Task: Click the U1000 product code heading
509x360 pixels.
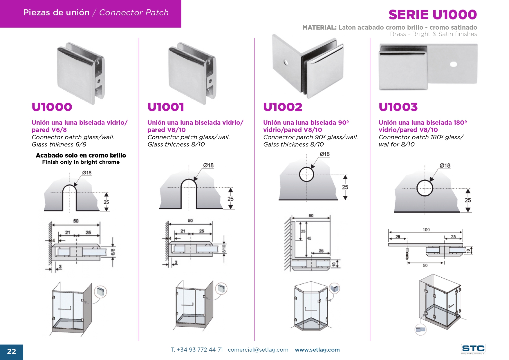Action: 52,107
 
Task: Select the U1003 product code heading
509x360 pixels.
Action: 398,107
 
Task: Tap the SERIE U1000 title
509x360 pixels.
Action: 432,15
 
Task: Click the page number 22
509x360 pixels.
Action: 11,352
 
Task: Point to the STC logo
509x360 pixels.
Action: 473,349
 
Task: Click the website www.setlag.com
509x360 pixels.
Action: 317,350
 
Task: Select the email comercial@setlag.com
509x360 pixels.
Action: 258,350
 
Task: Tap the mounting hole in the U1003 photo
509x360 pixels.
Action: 453,64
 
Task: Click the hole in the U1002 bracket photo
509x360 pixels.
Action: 286,62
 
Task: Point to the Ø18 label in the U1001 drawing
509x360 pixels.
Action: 208,166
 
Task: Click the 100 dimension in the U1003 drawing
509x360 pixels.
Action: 426,230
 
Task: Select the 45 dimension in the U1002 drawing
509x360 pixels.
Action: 309,238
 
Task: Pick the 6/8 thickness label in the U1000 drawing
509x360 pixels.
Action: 113,252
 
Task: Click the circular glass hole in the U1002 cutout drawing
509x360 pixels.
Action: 306,175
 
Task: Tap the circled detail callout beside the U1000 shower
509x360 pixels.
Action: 100,292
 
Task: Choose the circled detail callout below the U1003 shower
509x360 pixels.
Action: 420,330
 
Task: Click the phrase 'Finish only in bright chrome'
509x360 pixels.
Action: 81,162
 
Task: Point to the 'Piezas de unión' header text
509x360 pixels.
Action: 56,12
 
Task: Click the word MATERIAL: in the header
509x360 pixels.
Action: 319,28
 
